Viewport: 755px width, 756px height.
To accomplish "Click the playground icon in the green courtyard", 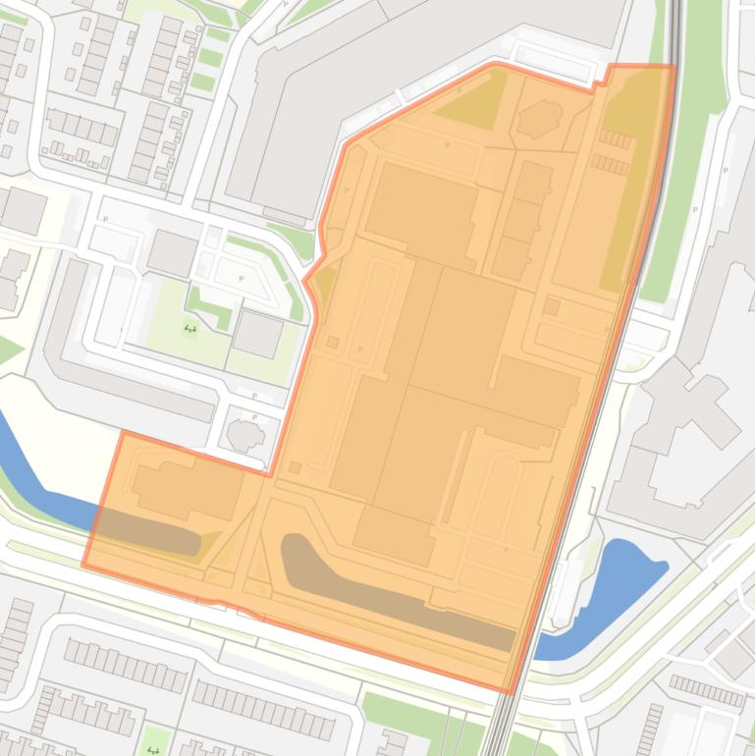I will tap(190, 330).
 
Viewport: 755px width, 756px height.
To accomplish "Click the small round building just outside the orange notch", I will tap(244, 432).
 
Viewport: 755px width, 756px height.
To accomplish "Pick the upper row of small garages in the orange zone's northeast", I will tap(616, 140).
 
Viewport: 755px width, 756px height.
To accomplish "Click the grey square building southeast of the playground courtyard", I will tap(258, 335).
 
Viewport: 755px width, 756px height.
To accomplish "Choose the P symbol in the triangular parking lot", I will tap(242, 278).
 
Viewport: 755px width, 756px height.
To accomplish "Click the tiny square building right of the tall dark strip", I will tap(552, 307).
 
